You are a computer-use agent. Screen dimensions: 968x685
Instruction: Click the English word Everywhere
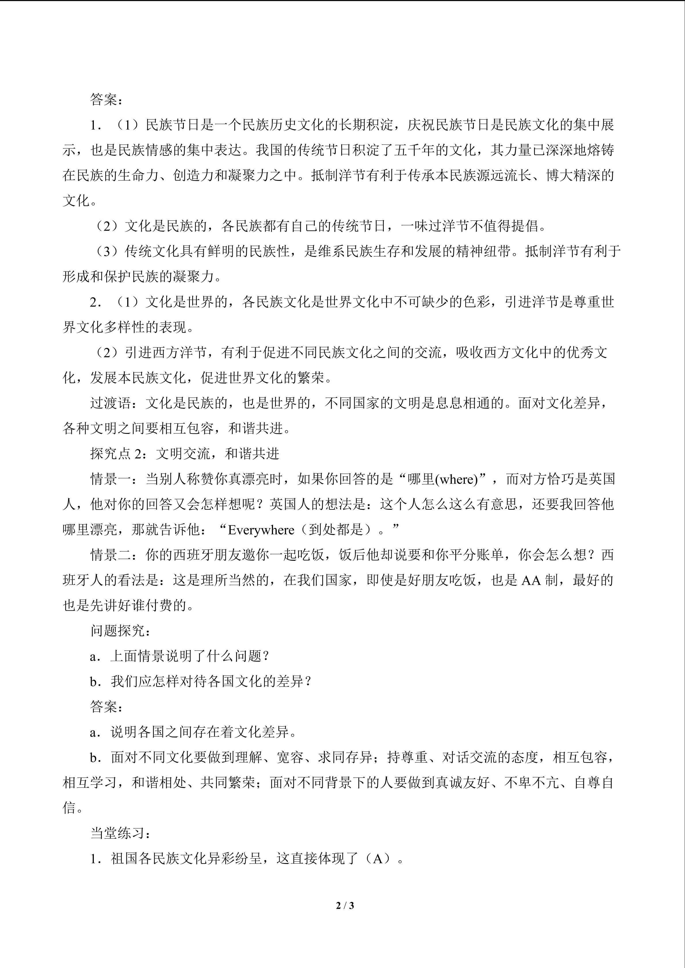[261, 530]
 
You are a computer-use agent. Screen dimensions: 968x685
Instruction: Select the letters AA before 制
[531, 580]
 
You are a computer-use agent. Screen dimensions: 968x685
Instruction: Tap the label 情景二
[110, 555]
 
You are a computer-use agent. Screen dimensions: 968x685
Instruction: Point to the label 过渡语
[110, 403]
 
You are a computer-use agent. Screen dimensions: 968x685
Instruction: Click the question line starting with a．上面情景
[179, 656]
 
